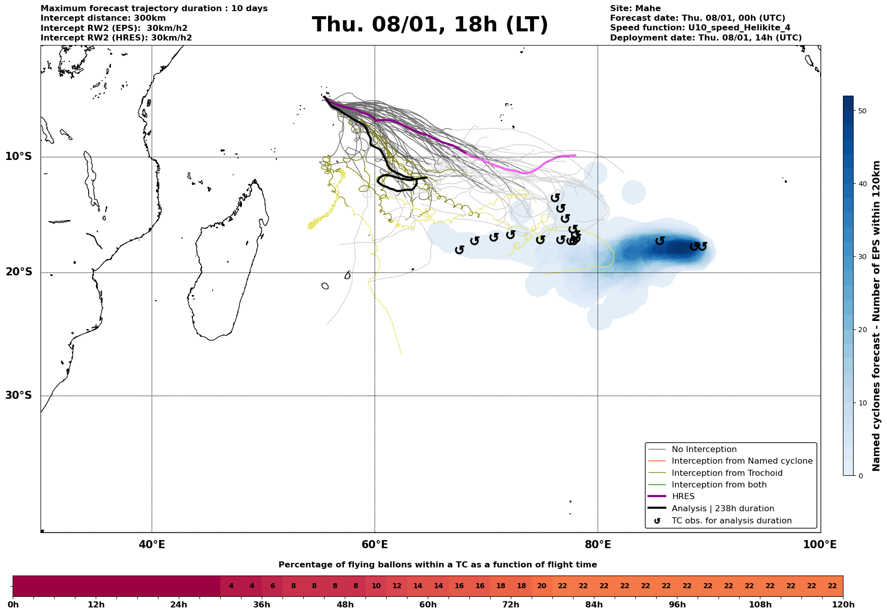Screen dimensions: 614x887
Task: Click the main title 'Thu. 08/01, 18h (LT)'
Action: tap(430, 24)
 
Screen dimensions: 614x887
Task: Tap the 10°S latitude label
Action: tap(19, 156)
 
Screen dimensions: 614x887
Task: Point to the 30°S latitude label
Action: tap(19, 395)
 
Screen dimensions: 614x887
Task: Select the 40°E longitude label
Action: tap(152, 545)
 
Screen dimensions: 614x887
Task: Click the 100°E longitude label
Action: tap(820, 545)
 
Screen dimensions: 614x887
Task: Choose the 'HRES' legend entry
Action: tap(683, 497)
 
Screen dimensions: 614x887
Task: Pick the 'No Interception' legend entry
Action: tap(704, 449)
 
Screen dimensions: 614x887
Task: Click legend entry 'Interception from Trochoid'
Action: tap(727, 473)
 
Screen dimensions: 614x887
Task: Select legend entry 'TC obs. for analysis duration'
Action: tap(731, 521)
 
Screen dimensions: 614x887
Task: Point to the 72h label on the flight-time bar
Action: tap(511, 605)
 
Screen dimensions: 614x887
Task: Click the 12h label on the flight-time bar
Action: tap(96, 605)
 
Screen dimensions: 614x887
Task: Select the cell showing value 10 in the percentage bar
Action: tap(376, 586)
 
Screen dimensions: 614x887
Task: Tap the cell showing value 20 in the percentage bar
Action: tap(542, 586)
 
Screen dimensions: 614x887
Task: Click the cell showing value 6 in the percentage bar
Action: tap(272, 586)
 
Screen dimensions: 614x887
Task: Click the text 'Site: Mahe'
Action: tap(635, 9)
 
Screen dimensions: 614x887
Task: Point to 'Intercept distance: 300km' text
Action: tap(103, 18)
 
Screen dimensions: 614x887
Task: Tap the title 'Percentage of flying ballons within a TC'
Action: tap(437, 565)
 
